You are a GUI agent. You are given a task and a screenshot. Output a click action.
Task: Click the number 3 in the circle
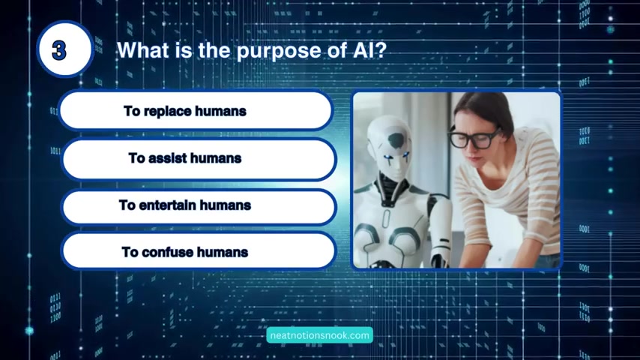[x=59, y=51]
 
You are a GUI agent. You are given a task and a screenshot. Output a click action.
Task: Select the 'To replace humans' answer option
[x=195, y=111]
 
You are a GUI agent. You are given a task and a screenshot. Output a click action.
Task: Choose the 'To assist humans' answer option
[x=199, y=158]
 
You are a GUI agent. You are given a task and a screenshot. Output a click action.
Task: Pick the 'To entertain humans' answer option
[x=199, y=206]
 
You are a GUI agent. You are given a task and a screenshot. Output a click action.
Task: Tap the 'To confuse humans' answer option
[x=199, y=251]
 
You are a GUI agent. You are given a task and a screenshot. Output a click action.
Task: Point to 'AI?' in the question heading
[x=369, y=50]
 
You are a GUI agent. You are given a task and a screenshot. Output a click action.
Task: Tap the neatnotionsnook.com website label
[x=319, y=335]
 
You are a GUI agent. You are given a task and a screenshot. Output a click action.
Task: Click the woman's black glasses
[x=473, y=138]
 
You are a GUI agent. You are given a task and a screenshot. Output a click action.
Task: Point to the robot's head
[x=390, y=147]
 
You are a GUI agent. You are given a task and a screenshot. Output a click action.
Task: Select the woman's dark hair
[x=486, y=109]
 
